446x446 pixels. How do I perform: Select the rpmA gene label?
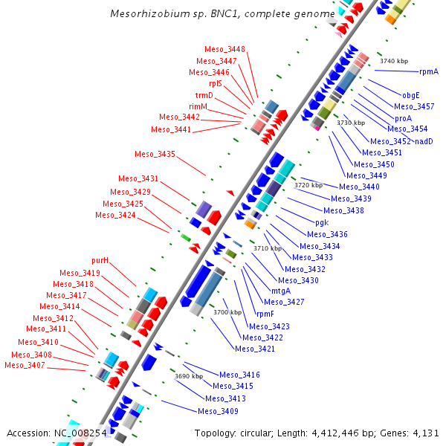[x=429, y=72]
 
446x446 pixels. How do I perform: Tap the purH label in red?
[x=100, y=261]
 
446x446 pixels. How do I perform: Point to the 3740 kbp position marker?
[x=393, y=61]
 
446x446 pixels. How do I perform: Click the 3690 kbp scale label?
[x=188, y=376]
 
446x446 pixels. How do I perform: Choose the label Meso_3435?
[x=155, y=155]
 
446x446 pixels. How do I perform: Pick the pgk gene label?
[x=322, y=222]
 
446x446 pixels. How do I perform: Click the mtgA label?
[x=280, y=291]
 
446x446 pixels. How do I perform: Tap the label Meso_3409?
[x=218, y=411]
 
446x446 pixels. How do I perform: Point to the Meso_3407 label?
[x=25, y=365]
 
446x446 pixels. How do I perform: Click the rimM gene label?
[x=198, y=106]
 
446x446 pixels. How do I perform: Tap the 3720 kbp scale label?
[x=308, y=185]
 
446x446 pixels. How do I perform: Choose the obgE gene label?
[x=411, y=95]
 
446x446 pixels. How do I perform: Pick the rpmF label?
[x=265, y=314]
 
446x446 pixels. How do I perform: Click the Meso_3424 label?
[x=115, y=216]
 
